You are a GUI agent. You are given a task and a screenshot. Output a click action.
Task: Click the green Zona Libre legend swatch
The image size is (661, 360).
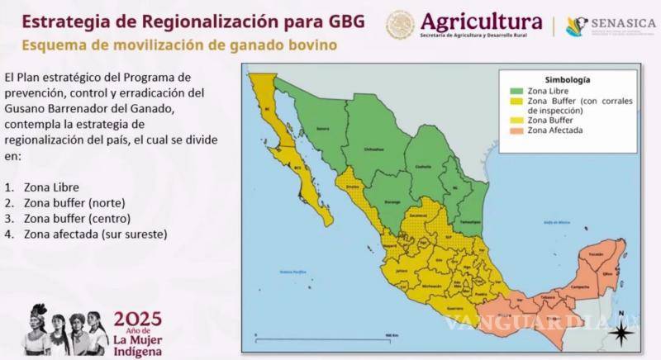tap(516, 91)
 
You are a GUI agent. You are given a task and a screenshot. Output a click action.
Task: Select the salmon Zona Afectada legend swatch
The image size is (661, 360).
tap(516, 130)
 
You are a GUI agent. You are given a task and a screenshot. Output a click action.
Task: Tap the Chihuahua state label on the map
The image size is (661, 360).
tap(375, 149)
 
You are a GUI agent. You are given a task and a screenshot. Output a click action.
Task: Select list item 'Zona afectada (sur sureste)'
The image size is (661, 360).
tap(93, 234)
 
